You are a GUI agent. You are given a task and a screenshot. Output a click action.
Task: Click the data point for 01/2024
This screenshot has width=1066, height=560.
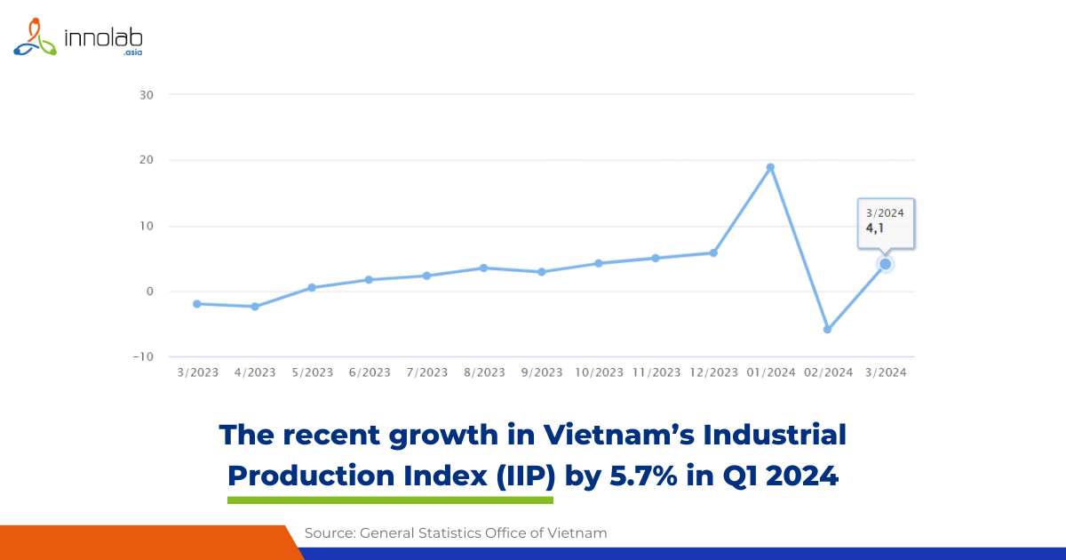click(x=770, y=167)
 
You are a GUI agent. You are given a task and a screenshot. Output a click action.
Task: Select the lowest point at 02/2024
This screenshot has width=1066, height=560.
click(x=827, y=330)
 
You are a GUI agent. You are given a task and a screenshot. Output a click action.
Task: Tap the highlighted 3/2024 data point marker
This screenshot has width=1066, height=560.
click(x=885, y=264)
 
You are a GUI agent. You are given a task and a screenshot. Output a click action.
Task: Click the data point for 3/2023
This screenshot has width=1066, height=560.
click(x=196, y=304)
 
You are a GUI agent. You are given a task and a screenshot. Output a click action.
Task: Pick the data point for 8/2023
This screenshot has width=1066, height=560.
click(x=483, y=268)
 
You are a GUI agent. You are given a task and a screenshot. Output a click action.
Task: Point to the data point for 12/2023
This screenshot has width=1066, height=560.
click(x=713, y=253)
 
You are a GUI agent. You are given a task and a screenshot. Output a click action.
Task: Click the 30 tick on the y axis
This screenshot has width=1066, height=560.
click(x=147, y=95)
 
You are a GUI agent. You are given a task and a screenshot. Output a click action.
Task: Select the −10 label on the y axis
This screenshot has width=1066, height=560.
click(x=143, y=357)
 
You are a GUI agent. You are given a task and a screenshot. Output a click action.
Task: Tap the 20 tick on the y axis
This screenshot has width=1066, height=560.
click(x=147, y=161)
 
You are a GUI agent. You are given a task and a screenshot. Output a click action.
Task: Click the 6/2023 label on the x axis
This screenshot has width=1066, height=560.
click(x=369, y=372)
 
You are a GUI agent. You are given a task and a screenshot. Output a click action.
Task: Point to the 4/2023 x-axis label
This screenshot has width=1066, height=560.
click(x=255, y=372)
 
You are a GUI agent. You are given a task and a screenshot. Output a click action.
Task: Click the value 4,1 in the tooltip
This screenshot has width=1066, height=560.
click(x=875, y=228)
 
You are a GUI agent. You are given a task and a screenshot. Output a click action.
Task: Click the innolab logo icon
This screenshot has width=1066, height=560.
click(x=35, y=37)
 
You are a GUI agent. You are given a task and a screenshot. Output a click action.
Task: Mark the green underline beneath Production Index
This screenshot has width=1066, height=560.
click(x=390, y=500)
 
